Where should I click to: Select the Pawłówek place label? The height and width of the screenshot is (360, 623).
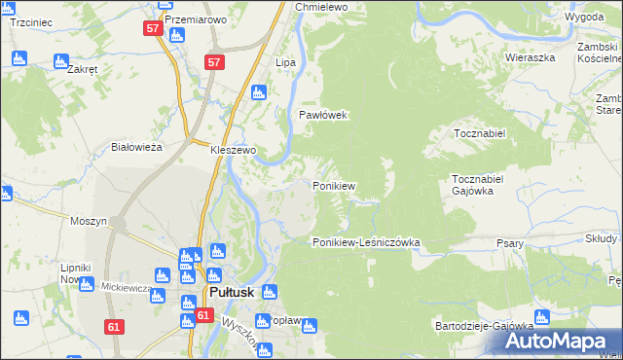click(322, 115)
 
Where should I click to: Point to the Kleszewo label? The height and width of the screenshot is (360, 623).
click(234, 151)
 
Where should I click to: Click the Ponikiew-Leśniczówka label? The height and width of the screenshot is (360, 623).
click(365, 242)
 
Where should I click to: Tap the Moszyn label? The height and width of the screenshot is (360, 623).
click(89, 221)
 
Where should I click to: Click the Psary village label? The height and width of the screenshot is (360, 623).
click(510, 243)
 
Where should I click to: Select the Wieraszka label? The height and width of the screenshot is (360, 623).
click(530, 57)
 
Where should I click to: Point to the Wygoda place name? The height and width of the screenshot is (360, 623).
click(583, 18)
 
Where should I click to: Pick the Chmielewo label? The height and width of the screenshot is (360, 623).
click(321, 7)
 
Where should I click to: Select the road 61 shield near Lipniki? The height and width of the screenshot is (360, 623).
click(116, 328)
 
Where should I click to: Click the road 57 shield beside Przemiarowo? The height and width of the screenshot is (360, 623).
click(153, 28)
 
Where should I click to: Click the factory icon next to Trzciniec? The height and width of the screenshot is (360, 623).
click(18, 58)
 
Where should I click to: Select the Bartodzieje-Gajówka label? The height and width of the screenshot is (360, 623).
click(485, 327)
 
